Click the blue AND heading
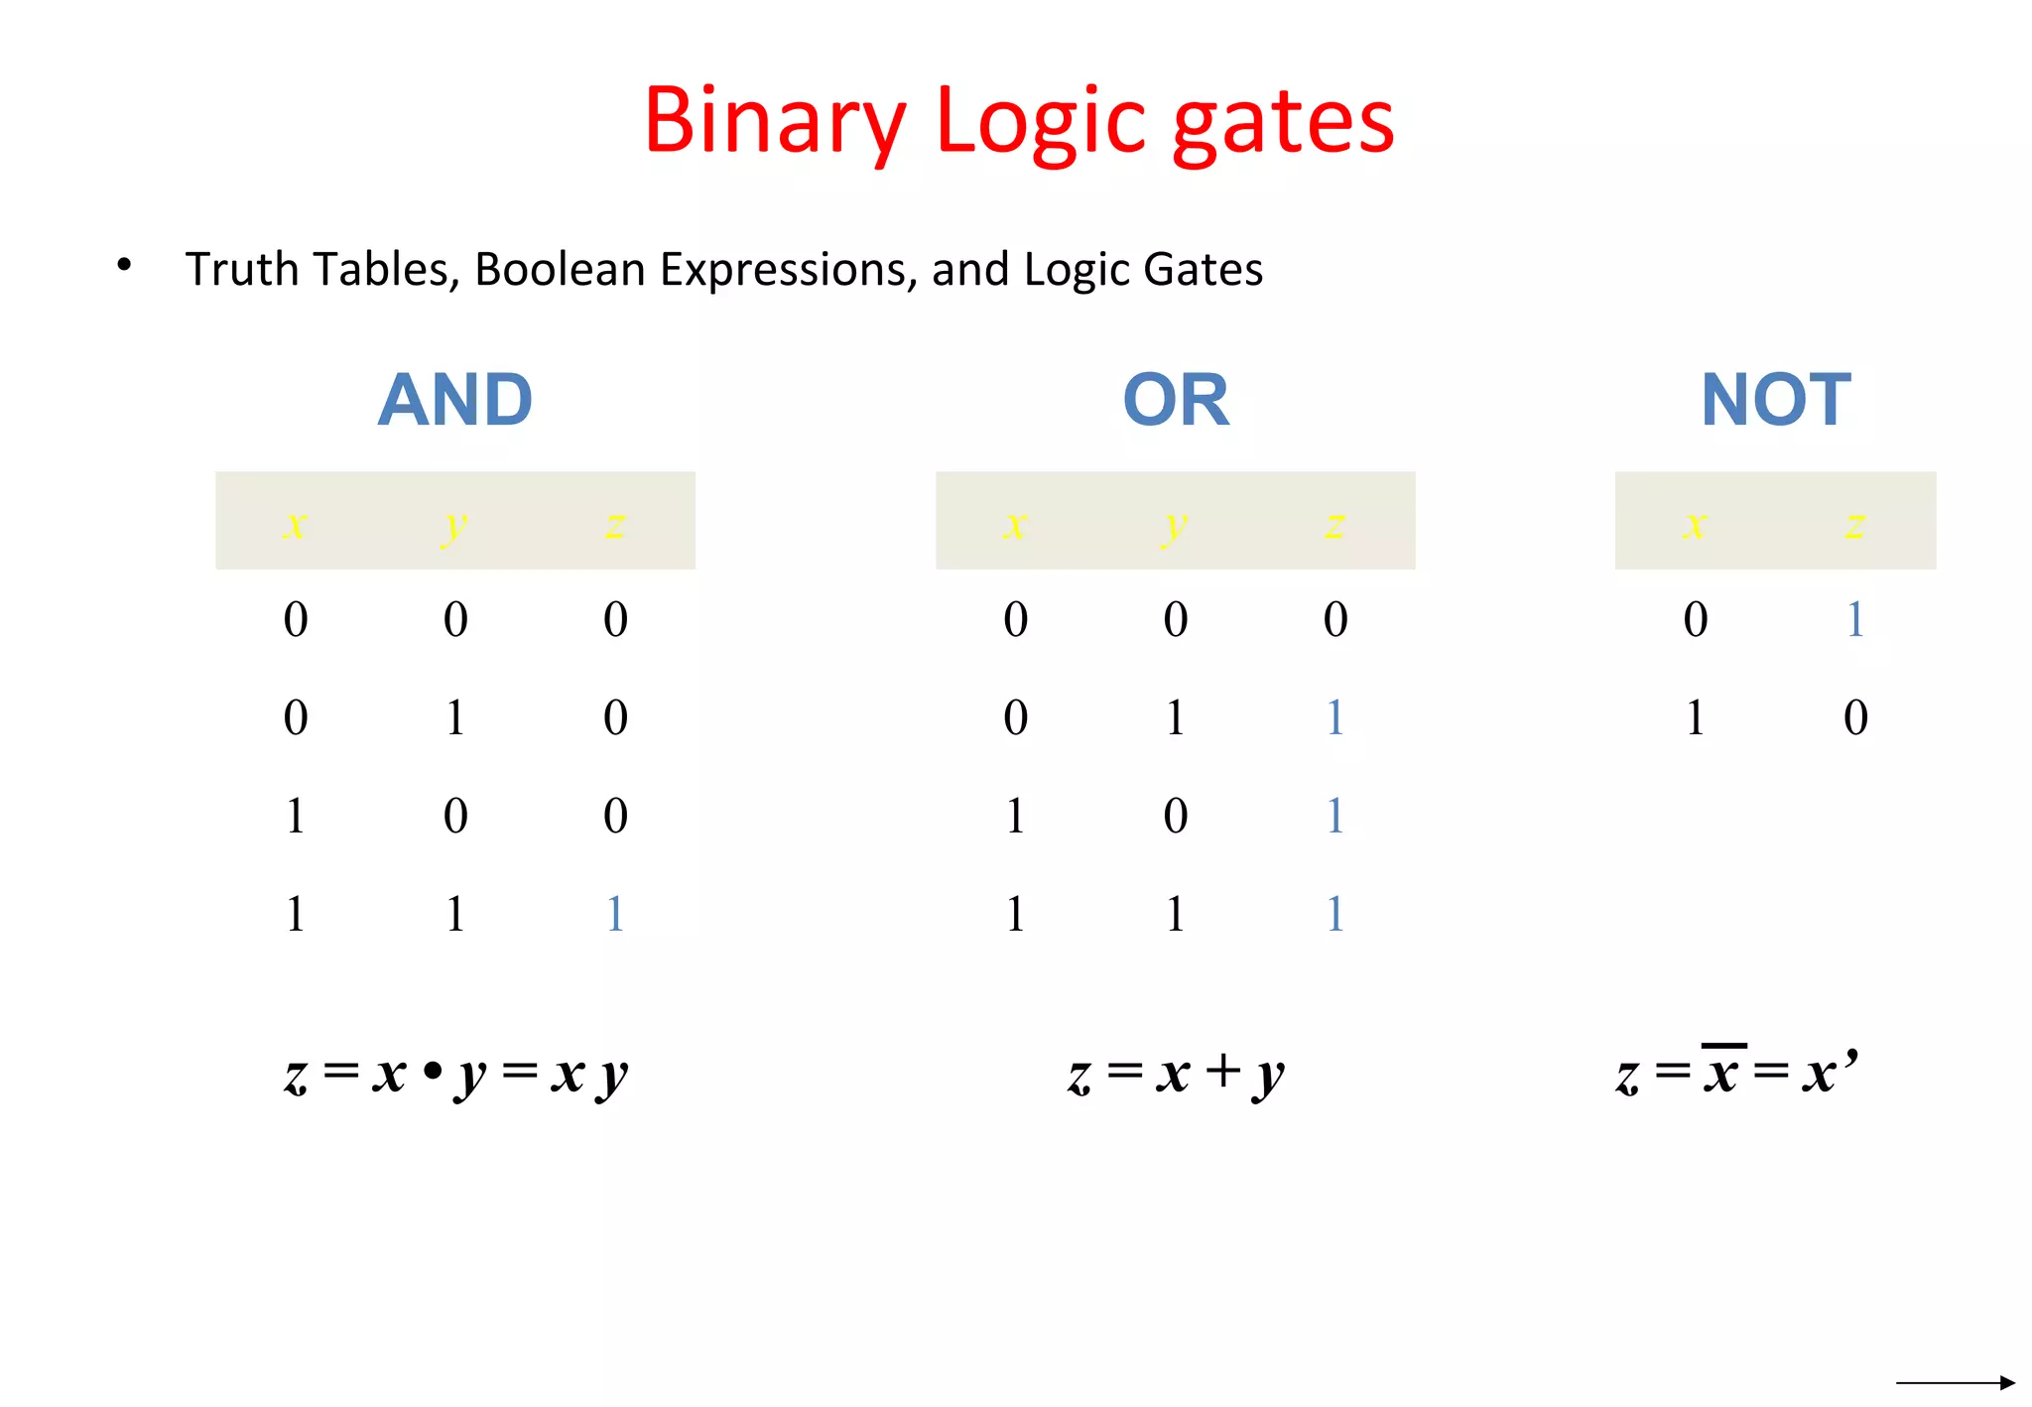(455, 400)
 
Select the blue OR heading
(1176, 400)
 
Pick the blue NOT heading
(1776, 400)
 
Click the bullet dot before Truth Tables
(124, 265)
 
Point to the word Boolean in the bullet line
(560, 269)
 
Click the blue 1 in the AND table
(615, 913)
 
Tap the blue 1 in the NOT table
(1855, 619)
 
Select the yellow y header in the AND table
(454, 524)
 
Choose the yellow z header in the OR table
(1335, 522)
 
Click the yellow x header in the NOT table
(1695, 522)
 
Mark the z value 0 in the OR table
(1335, 619)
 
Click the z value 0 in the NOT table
(1855, 717)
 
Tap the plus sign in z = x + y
(1223, 1071)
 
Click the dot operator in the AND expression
(432, 1073)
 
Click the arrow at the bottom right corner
(1955, 1382)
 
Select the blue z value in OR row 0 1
(1335, 717)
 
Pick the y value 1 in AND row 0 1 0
(455, 717)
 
